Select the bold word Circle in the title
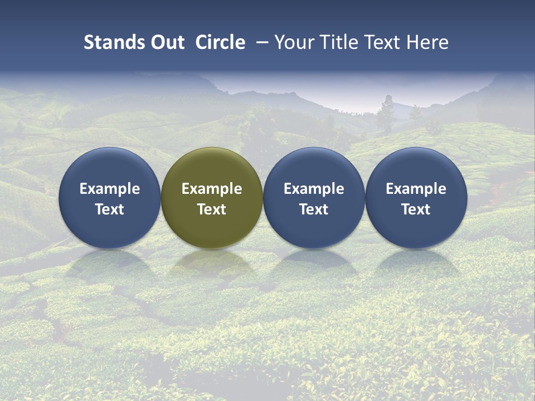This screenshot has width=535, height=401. pos(220,42)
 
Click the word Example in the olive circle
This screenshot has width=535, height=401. pos(212,189)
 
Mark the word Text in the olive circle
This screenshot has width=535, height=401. pos(212,209)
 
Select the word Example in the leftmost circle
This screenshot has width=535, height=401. pos(109,189)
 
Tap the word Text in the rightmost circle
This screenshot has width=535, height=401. pos(416,209)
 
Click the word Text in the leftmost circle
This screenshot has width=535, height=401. pos(109,209)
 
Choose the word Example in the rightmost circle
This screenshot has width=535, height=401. pos(416,189)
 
